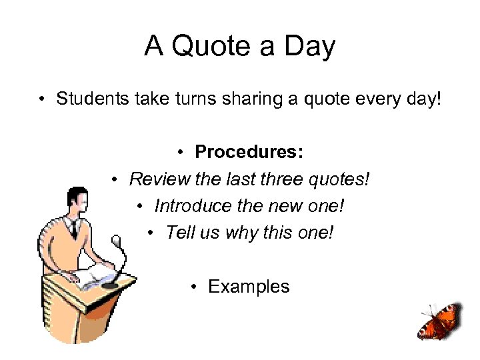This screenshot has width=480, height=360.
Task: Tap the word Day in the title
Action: point(309,47)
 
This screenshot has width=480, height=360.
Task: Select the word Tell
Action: point(179,233)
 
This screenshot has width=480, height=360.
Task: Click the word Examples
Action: point(249,287)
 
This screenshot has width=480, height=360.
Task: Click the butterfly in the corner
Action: point(439,323)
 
